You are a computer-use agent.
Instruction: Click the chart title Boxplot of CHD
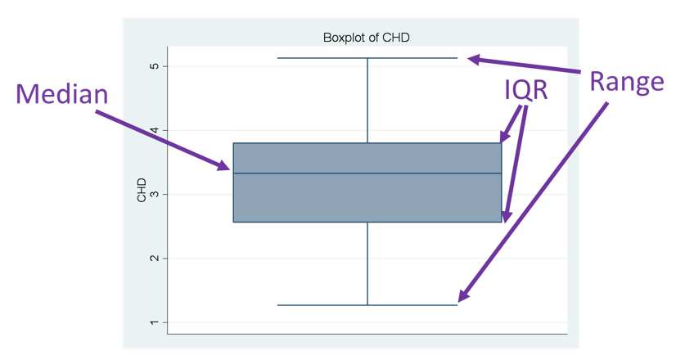click(x=366, y=38)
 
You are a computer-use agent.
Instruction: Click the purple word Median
click(x=62, y=94)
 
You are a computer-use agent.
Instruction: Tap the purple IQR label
click(x=525, y=90)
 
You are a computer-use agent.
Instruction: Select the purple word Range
click(x=627, y=82)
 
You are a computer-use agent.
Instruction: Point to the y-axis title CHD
click(x=142, y=190)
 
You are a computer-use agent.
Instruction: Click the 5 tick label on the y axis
click(x=154, y=65)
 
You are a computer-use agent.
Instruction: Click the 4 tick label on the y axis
click(x=154, y=130)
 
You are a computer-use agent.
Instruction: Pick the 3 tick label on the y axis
click(x=154, y=194)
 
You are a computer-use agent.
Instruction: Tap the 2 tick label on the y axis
click(x=154, y=259)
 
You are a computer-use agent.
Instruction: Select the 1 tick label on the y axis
click(x=154, y=322)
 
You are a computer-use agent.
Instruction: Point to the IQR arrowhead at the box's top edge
click(x=505, y=137)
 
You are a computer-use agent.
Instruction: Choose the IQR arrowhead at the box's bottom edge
click(x=506, y=216)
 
